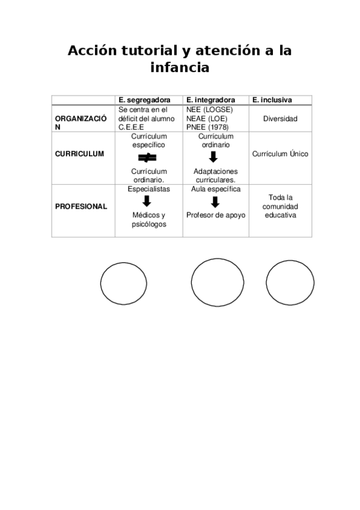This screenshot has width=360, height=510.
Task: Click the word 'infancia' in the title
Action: (180, 68)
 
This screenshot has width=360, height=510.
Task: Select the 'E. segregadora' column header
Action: (144, 100)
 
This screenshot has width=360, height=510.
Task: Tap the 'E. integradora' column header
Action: (210, 100)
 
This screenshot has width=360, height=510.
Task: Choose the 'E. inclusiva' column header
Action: (272, 100)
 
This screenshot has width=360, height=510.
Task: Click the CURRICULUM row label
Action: (79, 154)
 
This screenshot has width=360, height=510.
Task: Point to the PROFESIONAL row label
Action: (81, 206)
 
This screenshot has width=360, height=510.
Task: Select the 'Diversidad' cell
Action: (280, 119)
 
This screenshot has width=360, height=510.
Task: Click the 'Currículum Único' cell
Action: (280, 154)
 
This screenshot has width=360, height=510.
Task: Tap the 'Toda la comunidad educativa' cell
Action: (280, 206)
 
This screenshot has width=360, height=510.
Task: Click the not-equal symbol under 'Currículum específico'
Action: (148, 158)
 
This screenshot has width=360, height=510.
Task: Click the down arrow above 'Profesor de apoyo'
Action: (215, 202)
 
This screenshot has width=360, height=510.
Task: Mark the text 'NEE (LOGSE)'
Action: (210, 110)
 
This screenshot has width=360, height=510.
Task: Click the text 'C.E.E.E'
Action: (132, 127)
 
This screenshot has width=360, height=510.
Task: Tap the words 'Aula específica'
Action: (216, 189)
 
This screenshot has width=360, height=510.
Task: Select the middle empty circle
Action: (217, 283)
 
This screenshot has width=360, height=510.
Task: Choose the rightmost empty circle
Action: (290, 283)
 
